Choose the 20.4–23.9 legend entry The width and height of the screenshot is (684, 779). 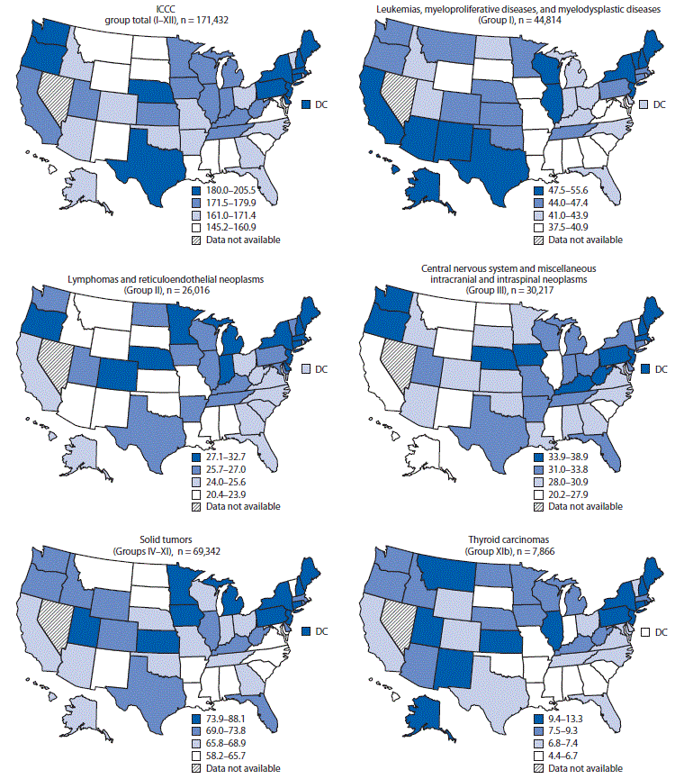(232, 494)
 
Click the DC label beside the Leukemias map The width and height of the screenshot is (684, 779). (659, 104)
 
